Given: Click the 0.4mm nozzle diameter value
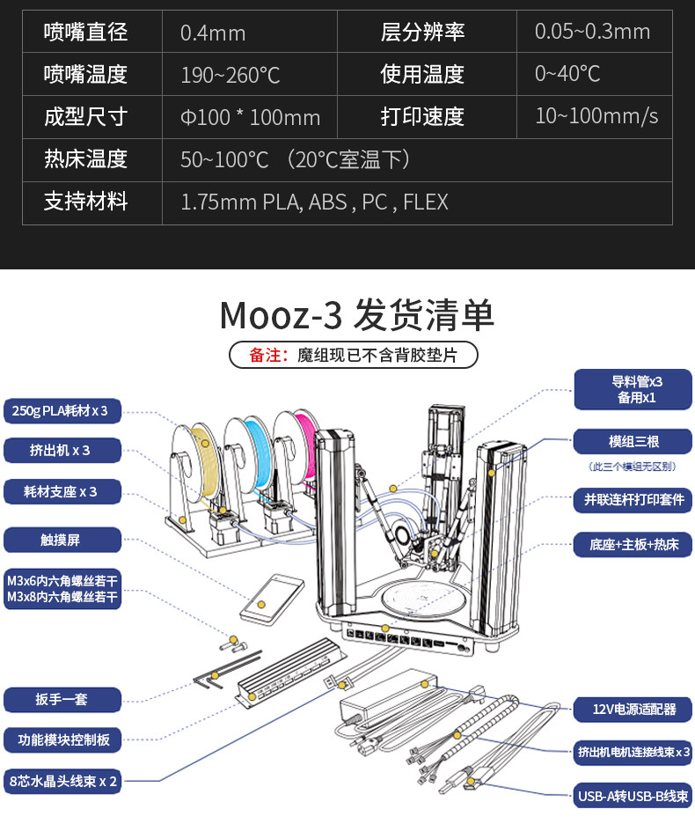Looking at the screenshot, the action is [213, 33].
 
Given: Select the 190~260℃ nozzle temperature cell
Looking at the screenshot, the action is [230, 75].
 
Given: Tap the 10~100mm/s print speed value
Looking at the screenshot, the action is [596, 116].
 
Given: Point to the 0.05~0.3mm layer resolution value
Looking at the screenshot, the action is [592, 33].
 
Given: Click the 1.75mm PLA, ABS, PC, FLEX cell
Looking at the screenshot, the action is [314, 202].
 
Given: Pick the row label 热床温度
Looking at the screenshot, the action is [86, 159].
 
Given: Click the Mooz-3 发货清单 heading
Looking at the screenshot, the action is [356, 314].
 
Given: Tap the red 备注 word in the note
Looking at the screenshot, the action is [267, 355].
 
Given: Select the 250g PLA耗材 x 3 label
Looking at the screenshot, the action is [62, 409].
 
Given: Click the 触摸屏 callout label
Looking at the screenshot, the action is [62, 539].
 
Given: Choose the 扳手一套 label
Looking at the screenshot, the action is [62, 700].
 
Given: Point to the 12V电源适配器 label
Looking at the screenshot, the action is [633, 708].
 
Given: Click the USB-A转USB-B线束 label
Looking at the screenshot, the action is [633, 796].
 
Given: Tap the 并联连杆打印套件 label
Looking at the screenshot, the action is [633, 500].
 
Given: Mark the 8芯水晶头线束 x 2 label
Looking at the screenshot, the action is [63, 780].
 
